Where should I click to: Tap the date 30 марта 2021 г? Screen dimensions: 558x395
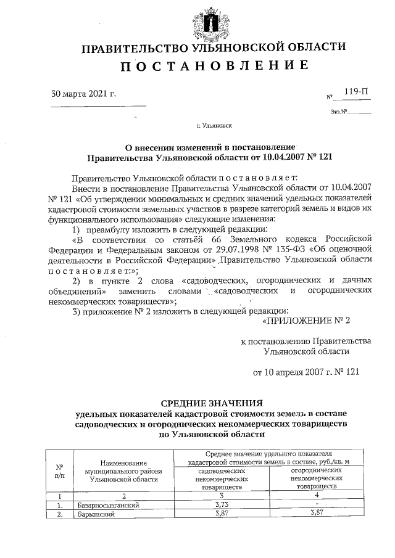coord(83,94)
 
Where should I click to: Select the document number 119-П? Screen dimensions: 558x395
coord(356,92)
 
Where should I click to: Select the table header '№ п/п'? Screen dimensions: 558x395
coord(60,471)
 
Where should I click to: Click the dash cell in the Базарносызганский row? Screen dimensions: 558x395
coord(317,504)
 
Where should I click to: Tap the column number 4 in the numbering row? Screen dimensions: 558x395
coord(317,495)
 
